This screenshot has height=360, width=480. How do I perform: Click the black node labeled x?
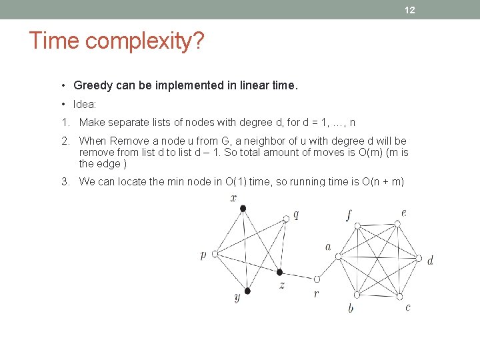[x=243, y=209]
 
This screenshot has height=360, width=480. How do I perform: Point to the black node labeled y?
[x=247, y=291]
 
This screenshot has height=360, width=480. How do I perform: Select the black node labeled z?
[x=280, y=273]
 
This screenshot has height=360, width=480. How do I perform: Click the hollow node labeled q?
[x=286, y=218]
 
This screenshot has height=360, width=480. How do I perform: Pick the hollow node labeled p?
[x=215, y=254]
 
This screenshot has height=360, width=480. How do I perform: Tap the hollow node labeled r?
[x=317, y=279]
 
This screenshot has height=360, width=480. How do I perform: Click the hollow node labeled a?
[x=338, y=255]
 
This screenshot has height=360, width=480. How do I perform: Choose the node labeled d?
[x=419, y=259]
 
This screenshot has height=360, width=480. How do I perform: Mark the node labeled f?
[x=357, y=226]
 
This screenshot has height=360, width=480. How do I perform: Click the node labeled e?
[x=398, y=225]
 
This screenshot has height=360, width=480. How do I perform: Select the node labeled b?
[x=357, y=295]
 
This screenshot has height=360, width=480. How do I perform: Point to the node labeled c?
[x=399, y=294]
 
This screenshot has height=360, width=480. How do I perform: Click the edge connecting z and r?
[x=299, y=276]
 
